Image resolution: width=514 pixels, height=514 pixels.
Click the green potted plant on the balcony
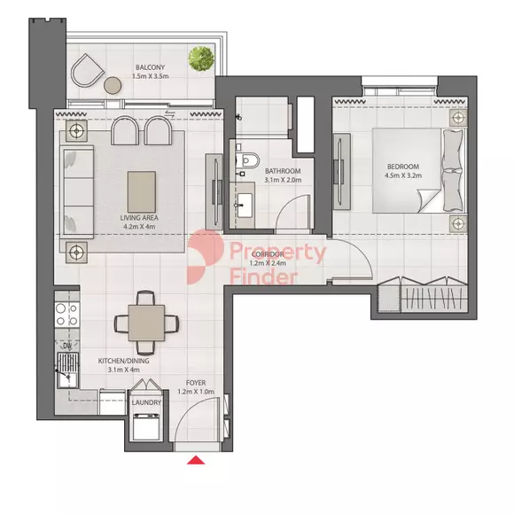coord(201,58)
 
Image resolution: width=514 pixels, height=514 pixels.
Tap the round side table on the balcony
coord(113,85)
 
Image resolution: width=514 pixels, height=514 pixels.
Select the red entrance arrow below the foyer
coord(196,460)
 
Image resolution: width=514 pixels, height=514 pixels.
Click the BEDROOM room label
coord(403,167)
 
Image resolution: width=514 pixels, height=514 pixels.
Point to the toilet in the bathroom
coord(247,160)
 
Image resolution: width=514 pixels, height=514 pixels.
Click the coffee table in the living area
coord(142,191)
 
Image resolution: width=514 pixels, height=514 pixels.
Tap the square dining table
coord(146,323)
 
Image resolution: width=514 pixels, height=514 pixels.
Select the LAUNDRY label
coord(146,402)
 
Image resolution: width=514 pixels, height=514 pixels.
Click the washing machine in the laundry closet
coord(146,426)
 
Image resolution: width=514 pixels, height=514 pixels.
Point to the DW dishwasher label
coord(67,346)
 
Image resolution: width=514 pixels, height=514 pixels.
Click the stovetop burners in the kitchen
coord(67,314)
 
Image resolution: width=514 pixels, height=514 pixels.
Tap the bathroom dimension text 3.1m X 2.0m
coord(283,180)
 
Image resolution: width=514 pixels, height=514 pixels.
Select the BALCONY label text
coord(150,67)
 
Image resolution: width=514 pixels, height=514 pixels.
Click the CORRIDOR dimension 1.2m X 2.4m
coord(268,263)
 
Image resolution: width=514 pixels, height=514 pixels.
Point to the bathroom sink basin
coord(245,206)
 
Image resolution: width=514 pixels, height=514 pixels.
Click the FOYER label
coord(196,383)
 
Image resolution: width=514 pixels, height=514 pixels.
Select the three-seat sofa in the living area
coord(77,191)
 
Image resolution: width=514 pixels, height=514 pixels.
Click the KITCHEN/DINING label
coord(123,361)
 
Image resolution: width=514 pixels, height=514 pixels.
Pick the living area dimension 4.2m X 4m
coord(139,227)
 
